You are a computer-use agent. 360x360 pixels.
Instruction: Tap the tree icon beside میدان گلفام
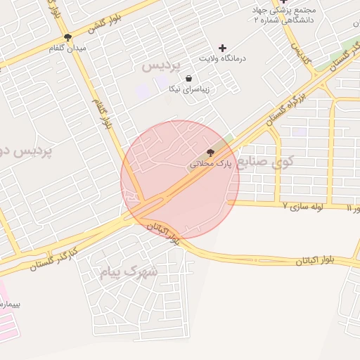tap(67, 37)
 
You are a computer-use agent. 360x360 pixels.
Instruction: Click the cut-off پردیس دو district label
tap(22, 150)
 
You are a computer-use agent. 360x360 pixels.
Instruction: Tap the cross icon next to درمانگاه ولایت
tap(223, 48)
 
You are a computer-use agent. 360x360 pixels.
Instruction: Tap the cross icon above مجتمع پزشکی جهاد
tap(283, 2)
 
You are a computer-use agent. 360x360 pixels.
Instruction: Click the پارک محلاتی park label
tap(210, 163)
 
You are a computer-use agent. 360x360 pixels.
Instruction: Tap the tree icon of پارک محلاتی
tap(210, 153)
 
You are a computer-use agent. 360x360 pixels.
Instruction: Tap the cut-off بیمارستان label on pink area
tap(11, 304)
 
